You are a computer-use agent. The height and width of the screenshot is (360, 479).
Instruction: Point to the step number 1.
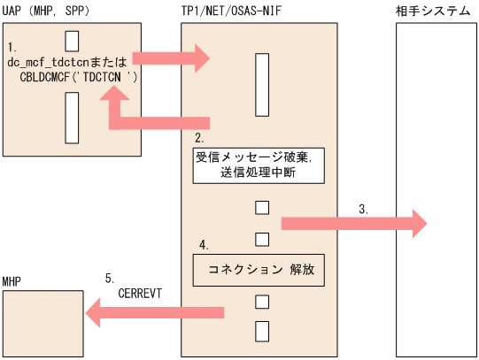[x=12, y=45]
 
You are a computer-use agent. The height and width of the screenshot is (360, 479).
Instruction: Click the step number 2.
[x=201, y=139]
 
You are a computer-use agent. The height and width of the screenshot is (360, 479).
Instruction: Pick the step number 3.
[x=364, y=210]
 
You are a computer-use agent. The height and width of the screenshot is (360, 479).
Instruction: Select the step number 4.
[x=203, y=244]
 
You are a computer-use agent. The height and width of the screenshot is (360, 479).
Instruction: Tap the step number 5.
[x=110, y=275]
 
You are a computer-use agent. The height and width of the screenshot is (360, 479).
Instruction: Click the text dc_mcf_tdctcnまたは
[x=68, y=63]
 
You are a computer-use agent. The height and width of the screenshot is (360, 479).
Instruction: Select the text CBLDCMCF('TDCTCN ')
[x=80, y=77]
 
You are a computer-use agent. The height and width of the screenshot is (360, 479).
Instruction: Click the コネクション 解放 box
[x=258, y=269]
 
